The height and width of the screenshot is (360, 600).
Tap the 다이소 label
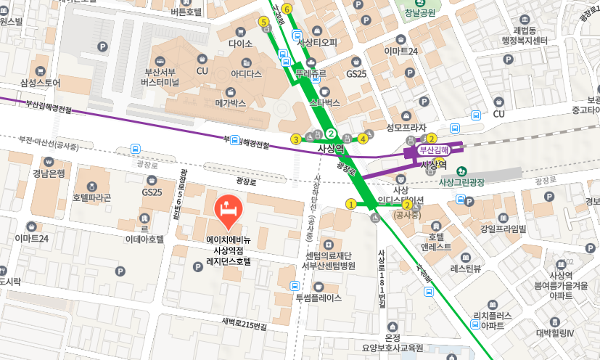tap(240, 44)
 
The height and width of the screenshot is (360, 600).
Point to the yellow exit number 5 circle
tap(263, 22)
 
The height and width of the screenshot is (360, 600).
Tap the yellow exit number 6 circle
tap(287, 9)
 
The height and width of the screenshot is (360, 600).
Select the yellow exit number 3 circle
tap(295, 139)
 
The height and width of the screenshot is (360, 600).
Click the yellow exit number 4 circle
tap(363, 139)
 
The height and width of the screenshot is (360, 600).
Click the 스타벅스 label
tap(324, 103)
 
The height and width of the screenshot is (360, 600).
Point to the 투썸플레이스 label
tap(318, 298)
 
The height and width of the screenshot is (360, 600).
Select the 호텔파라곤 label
tap(91, 197)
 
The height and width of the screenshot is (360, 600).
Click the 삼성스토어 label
tap(41, 83)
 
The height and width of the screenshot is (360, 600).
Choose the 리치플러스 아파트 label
tap(493, 320)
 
